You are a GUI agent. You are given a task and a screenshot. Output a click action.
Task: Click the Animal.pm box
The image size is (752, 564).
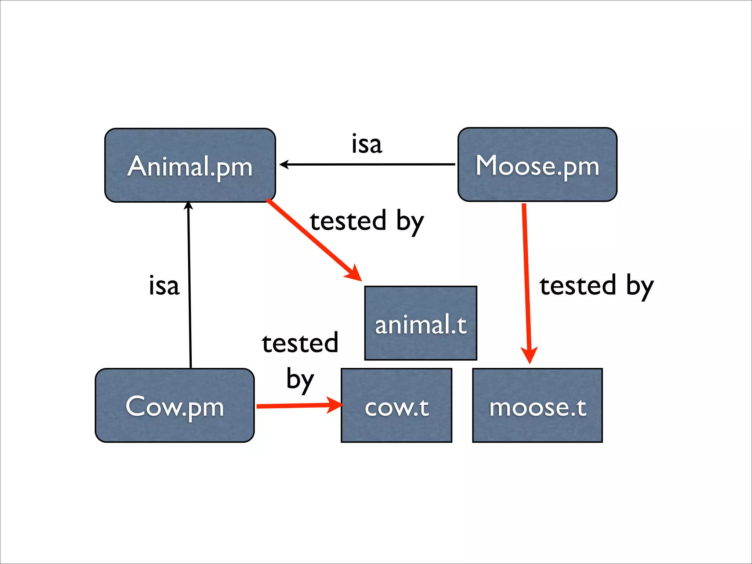[190, 165]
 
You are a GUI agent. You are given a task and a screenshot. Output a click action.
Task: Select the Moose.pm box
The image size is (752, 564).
[537, 165]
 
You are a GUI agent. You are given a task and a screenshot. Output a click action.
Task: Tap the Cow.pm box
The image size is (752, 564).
[175, 405]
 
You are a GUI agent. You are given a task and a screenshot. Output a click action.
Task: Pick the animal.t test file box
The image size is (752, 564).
[421, 323]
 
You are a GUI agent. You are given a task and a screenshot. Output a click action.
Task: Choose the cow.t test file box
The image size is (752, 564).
[397, 405]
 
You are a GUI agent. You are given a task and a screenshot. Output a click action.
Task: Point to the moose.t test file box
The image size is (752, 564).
[538, 405]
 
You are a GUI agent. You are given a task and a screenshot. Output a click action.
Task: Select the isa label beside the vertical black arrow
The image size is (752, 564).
[164, 285]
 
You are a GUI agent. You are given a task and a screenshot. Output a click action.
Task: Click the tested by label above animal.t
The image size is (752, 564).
[366, 221]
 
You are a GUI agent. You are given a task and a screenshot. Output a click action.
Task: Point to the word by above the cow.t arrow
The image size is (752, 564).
[300, 379]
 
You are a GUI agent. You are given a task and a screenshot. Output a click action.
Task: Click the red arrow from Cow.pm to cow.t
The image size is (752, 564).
[294, 406]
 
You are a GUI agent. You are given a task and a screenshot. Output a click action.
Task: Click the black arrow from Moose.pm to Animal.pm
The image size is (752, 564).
[367, 164]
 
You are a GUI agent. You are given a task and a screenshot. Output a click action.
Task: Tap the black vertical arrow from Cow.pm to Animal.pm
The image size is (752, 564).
[189, 286]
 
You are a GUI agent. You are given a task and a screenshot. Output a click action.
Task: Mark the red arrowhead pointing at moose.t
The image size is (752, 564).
[529, 354]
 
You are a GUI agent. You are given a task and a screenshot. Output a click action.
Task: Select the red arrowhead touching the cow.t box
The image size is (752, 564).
[335, 405]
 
